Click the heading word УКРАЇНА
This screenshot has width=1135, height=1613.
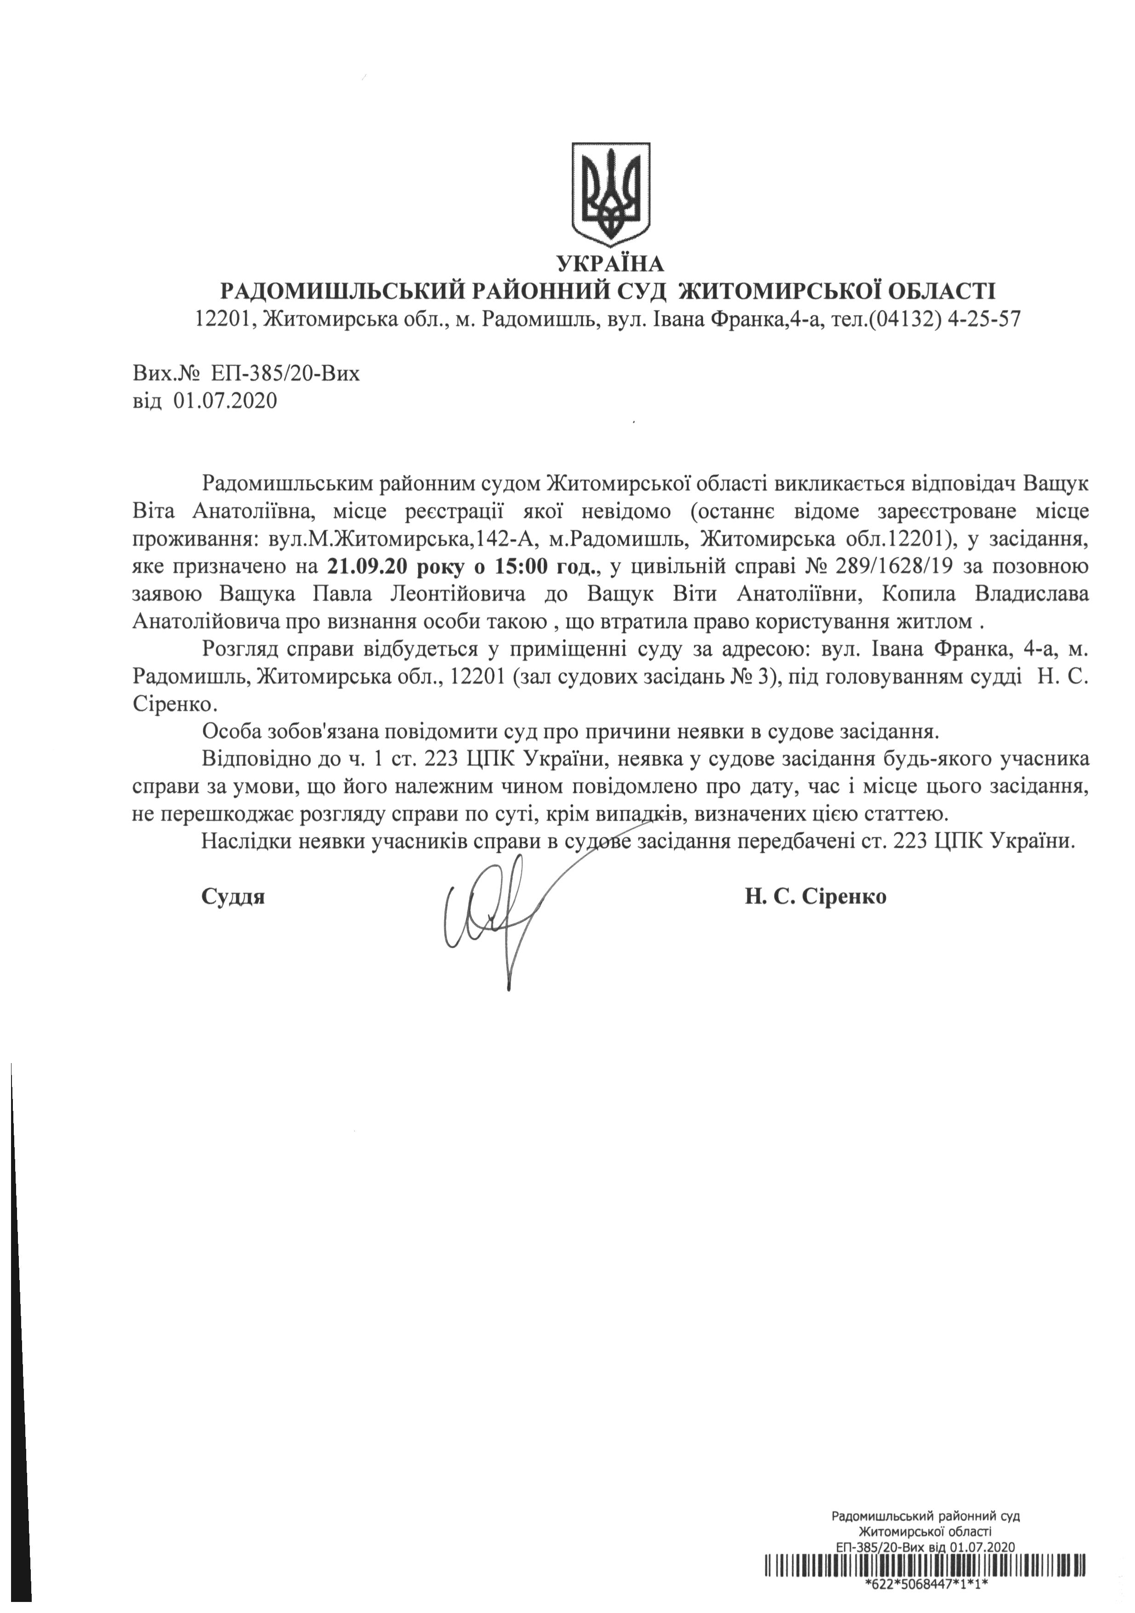[x=609, y=264]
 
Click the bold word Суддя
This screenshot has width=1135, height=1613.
[x=233, y=897]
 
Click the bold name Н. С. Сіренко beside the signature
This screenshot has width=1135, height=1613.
[x=815, y=897]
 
